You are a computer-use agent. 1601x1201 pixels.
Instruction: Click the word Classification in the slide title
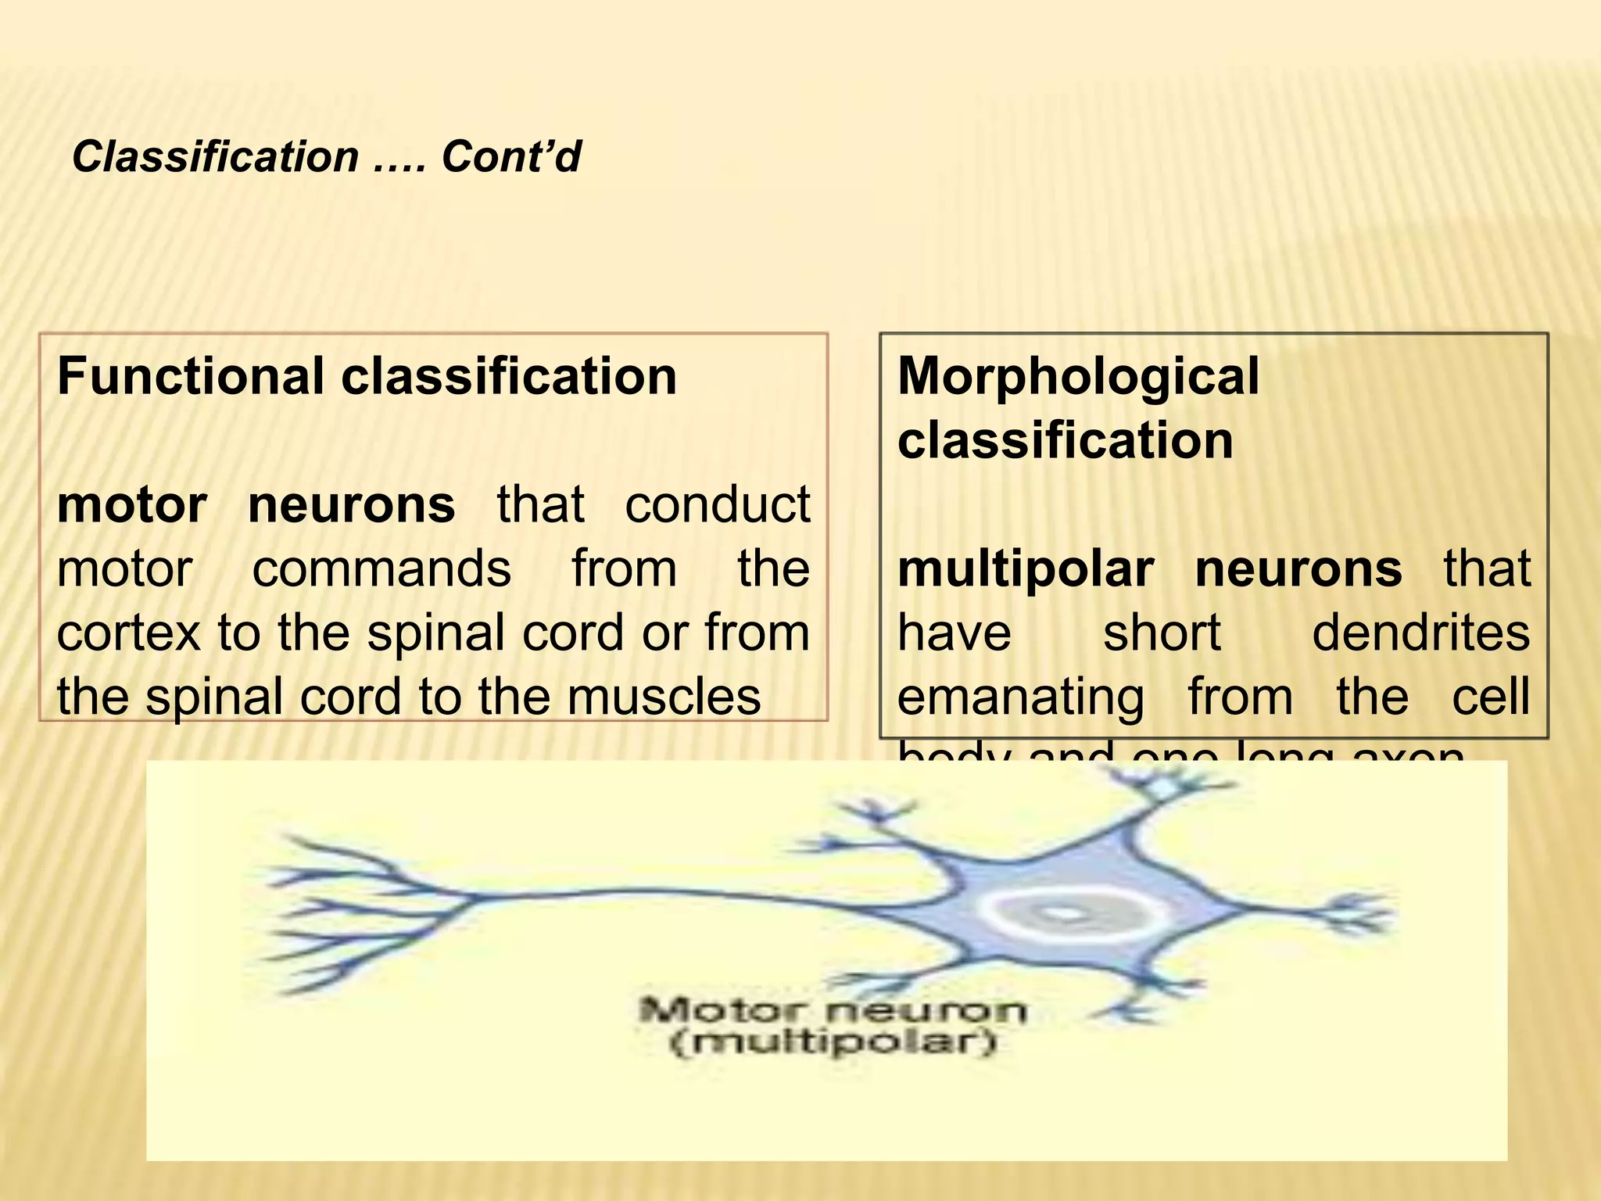pos(215,157)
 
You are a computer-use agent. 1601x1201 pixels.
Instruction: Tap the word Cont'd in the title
pos(511,157)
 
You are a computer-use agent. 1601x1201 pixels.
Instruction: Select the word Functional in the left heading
pos(190,376)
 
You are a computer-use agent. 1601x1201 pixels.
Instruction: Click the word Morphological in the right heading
pos(1078,376)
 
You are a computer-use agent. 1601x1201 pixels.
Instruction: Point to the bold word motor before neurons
pos(131,504)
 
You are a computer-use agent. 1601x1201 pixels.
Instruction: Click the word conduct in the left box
pos(717,504)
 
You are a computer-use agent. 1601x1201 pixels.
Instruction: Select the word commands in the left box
pos(381,568)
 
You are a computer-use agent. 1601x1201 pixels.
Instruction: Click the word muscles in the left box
pos(664,697)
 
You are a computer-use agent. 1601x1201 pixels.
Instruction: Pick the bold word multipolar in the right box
pos(1025,568)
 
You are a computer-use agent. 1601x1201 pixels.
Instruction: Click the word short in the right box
pos(1162,633)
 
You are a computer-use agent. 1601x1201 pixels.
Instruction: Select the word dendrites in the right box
pos(1420,633)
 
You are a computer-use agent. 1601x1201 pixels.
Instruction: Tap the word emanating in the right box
pos(1020,697)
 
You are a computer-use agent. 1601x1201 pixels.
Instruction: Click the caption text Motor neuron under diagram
pos(833,1011)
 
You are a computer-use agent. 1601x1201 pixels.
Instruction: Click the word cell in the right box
pos(1490,697)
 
